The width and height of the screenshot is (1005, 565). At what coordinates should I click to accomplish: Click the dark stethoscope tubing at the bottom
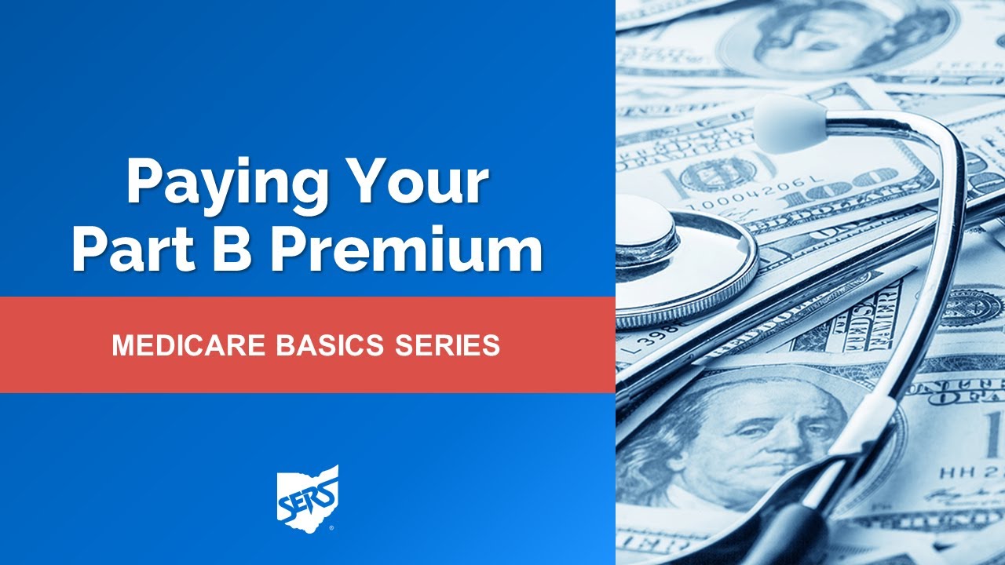click(x=793, y=541)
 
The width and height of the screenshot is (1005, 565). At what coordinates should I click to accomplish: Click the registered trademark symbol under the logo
click(x=331, y=529)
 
